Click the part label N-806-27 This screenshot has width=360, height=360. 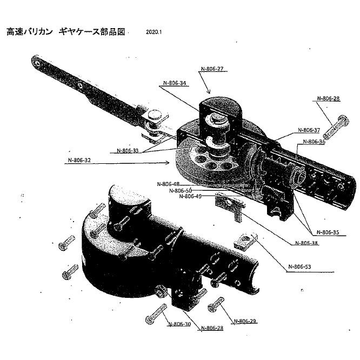(212, 69)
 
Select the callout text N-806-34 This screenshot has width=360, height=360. (175, 84)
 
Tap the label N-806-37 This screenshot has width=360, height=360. (309, 130)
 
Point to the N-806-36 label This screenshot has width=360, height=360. (314, 142)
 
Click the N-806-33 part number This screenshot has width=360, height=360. (128, 151)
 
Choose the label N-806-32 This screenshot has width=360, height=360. (79, 161)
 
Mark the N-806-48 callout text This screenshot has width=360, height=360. (168, 184)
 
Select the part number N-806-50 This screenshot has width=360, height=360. (180, 190)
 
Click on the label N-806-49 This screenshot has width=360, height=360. (190, 196)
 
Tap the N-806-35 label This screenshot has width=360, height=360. (328, 232)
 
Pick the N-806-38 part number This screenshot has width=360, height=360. (307, 243)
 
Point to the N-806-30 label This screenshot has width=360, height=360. (179, 324)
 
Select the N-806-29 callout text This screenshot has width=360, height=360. (245, 321)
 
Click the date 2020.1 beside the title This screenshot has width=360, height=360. (154, 32)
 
